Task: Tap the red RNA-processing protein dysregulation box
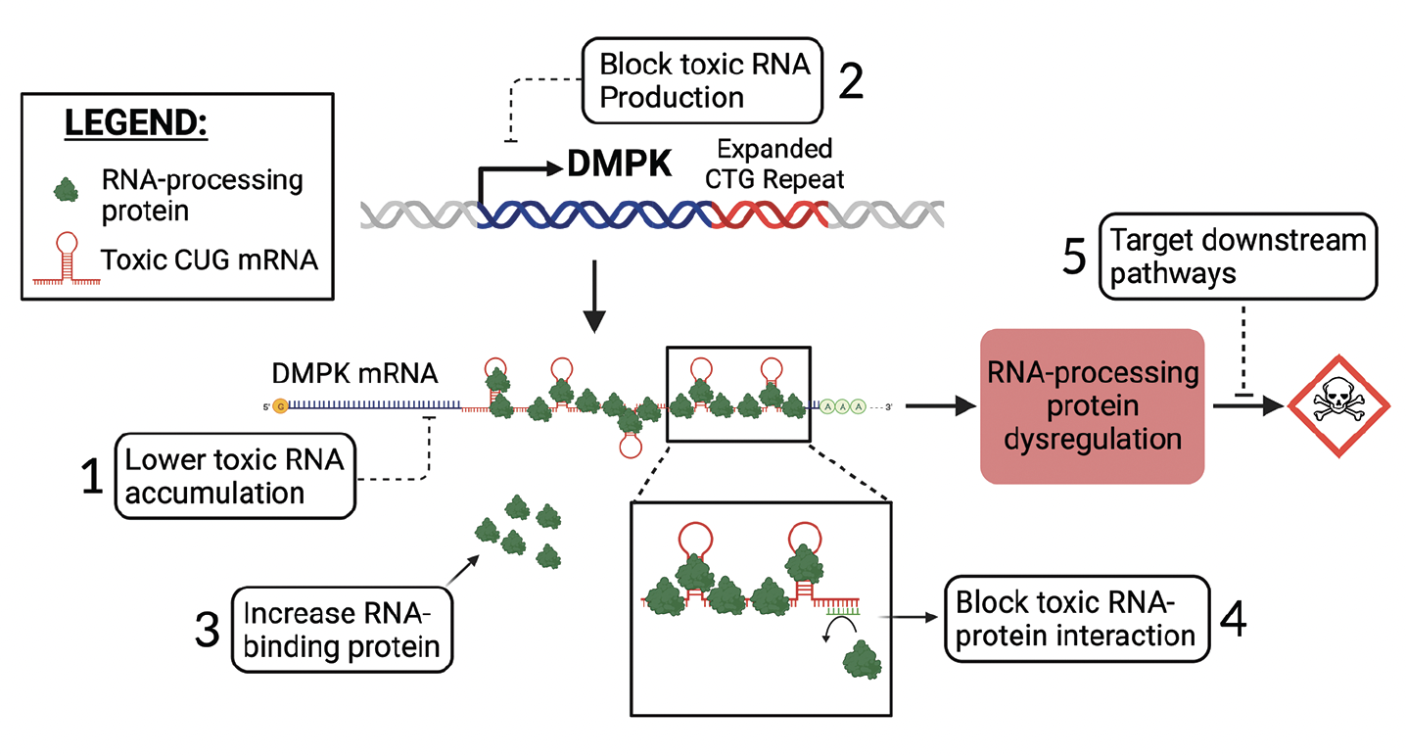[1092, 405]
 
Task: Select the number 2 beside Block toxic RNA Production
[851, 81]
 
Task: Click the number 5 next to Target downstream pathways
[1074, 256]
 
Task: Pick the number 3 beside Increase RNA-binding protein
[206, 630]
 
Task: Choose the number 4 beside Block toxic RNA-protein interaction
[1234, 621]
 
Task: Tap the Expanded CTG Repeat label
[774, 163]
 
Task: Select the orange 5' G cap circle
[280, 404]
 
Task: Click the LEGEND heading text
[142, 126]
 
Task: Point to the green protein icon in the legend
[65, 189]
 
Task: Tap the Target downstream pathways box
[1236, 257]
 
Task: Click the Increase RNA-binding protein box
[342, 630]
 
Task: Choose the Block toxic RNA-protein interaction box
[1077, 621]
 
